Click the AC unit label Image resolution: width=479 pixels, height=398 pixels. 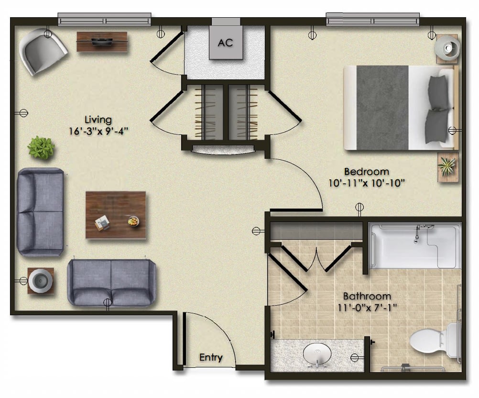226,43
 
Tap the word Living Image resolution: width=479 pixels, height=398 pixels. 98,120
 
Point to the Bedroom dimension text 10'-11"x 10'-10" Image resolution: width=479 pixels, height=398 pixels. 367,183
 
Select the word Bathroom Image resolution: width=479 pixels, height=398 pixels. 367,296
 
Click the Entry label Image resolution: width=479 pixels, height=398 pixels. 211,357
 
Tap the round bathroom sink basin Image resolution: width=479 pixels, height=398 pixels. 317,354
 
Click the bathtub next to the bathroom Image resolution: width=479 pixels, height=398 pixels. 415,246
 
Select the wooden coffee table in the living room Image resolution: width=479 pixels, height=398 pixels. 116,215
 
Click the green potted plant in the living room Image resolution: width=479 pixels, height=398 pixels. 41,147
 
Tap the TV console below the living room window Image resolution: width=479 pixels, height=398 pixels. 102,42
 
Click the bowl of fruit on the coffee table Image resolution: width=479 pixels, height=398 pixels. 133,221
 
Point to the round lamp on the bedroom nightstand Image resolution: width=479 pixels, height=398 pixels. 446,48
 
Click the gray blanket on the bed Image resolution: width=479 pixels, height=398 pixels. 382,108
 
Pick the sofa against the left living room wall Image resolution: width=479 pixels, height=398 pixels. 41,212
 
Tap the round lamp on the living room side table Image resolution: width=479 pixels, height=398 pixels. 41,281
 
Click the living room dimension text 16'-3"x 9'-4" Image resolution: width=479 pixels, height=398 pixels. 98,131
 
